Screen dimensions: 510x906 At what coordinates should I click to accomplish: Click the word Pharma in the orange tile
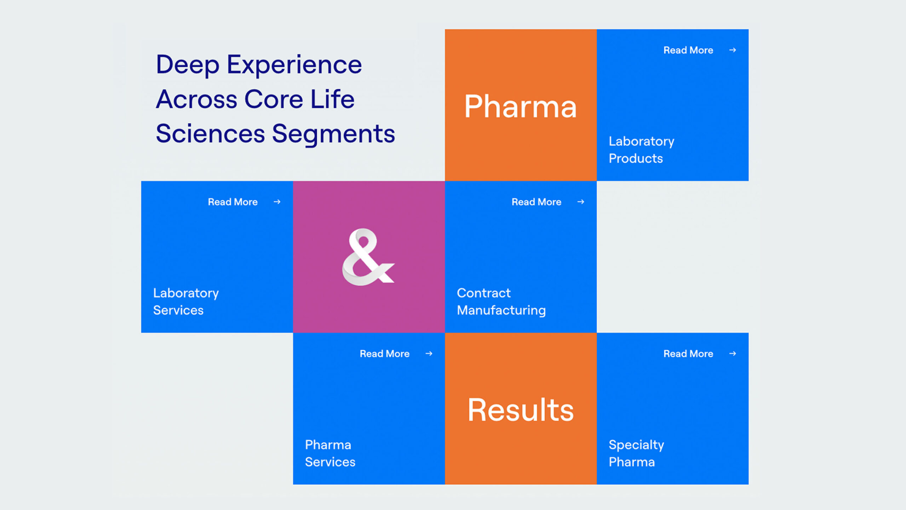pos(520,107)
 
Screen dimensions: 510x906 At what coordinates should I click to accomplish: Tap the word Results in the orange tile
pos(520,410)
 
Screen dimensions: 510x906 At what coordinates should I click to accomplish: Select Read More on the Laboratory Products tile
pos(688,50)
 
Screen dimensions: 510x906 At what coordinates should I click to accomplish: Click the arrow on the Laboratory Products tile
pos(733,50)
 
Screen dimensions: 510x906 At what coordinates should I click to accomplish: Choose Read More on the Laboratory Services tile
pos(233,202)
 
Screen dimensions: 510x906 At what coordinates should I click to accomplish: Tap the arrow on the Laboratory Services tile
pos(277,202)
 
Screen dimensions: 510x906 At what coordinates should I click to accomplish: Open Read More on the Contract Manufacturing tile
pos(536,202)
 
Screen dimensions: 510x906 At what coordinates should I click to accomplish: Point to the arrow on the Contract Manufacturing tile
pos(581,202)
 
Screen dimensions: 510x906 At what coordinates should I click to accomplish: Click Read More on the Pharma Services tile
pos(384,354)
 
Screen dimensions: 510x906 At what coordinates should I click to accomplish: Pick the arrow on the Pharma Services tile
pos(429,354)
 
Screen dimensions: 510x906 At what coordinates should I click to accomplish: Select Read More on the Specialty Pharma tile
pos(688,354)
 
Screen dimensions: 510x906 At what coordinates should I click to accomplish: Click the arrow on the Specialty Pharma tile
pos(733,354)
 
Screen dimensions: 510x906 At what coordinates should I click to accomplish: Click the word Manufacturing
pos(501,310)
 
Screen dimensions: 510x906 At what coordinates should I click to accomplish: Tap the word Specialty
pos(636,445)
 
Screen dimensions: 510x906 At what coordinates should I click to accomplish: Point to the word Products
pos(636,159)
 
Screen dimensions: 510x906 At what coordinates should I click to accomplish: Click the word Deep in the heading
pos(188,65)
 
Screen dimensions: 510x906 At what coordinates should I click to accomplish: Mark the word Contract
pos(483,293)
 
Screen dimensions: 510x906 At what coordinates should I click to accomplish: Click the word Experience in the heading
pos(294,65)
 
